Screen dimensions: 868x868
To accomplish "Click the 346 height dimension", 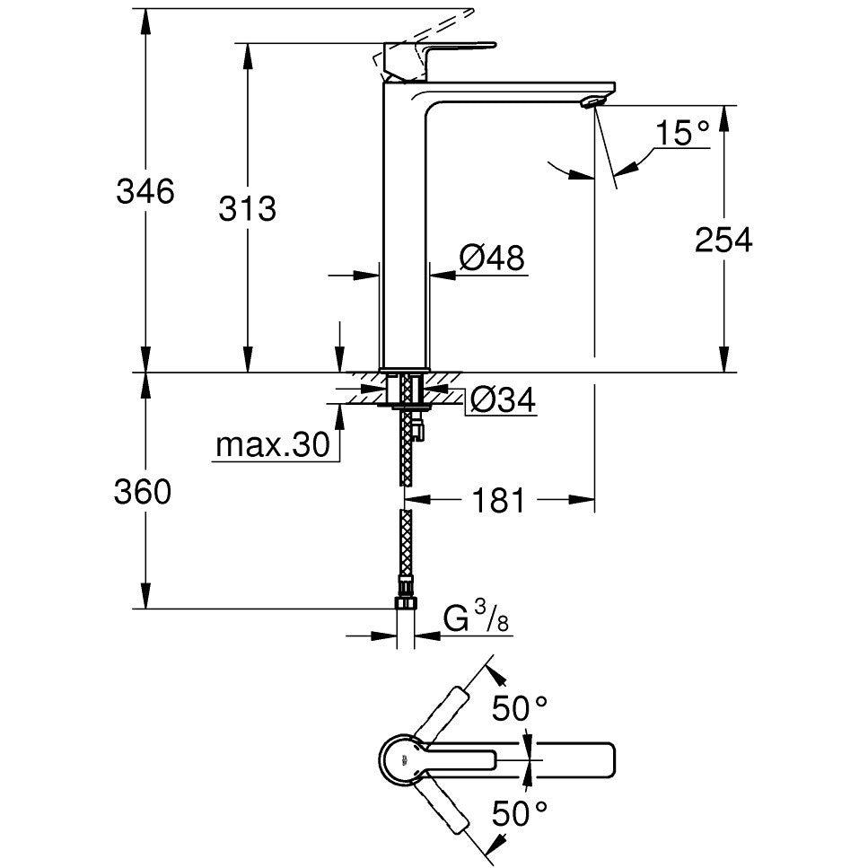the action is point(145,191).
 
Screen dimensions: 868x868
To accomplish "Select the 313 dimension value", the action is point(247,209).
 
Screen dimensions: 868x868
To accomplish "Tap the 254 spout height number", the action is point(723,241).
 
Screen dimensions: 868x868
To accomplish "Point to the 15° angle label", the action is point(682,133).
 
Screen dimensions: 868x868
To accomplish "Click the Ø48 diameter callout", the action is point(492,258).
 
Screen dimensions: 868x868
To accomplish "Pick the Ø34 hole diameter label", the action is point(503,399).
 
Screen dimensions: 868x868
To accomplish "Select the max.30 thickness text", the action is point(272,444).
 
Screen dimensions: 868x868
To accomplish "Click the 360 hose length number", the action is point(143,492).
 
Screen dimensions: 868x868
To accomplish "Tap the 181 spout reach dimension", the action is point(497,501).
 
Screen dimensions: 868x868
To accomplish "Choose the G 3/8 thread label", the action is point(476,618).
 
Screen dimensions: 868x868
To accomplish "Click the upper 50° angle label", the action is point(520,707).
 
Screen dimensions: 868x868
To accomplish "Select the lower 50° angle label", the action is point(520,812).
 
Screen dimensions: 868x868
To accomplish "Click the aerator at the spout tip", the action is point(592,101).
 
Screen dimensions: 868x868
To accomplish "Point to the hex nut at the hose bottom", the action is point(405,603).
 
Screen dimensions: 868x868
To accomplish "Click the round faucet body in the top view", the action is point(401,760).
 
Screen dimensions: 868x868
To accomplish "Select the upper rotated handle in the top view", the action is point(442,715).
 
